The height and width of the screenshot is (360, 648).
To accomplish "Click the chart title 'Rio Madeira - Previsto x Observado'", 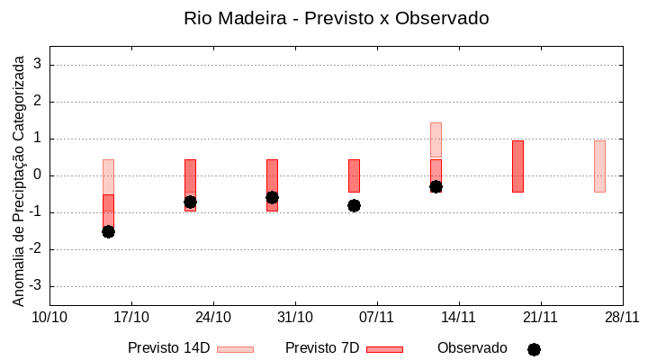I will (x=336, y=18).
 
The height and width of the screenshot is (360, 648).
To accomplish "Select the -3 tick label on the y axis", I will (x=35, y=286).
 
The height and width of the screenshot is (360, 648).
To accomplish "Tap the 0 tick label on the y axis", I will (x=38, y=175).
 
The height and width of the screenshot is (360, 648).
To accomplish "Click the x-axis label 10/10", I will (x=50, y=317).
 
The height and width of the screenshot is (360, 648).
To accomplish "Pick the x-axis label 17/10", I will (x=131, y=317).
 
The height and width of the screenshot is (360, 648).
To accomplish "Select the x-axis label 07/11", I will (x=377, y=317).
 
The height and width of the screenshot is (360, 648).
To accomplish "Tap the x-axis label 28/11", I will (x=622, y=317).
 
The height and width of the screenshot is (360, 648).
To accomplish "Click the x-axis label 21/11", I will (x=540, y=317).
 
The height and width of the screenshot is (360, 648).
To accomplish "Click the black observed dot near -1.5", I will (x=108, y=231).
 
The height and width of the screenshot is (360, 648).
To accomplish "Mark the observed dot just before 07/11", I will (x=354, y=205).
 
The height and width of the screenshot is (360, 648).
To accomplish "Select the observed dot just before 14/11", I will (x=436, y=186).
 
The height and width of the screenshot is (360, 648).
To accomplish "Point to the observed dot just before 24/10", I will (x=190, y=202).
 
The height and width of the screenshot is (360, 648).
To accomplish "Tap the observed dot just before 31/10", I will (x=272, y=197).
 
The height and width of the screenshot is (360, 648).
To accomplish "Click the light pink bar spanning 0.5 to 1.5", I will (x=436, y=139).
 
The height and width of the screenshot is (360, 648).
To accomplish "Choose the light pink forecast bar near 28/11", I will (x=599, y=166).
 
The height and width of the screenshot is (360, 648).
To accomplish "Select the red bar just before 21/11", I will (x=517, y=166).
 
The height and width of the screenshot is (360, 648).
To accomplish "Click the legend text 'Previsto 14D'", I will (x=168, y=348).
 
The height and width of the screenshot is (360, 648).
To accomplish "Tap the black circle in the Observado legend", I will (x=534, y=349).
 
